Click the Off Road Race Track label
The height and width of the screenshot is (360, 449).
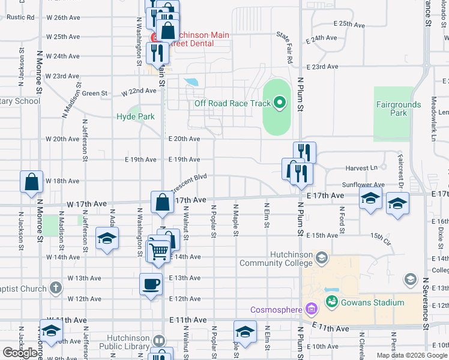232,103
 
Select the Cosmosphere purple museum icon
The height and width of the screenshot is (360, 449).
311,310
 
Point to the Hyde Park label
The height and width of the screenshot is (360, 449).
135,117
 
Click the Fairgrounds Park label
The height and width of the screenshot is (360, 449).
399,109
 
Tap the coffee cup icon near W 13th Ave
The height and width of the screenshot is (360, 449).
151,284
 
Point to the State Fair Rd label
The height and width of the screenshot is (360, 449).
284,48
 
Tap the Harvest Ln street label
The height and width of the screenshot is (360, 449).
361,169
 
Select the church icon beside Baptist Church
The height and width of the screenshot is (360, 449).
55,288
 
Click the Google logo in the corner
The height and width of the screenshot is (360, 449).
20,353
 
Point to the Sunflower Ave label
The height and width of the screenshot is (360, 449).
363,185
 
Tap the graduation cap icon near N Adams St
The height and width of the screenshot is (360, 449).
107,241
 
